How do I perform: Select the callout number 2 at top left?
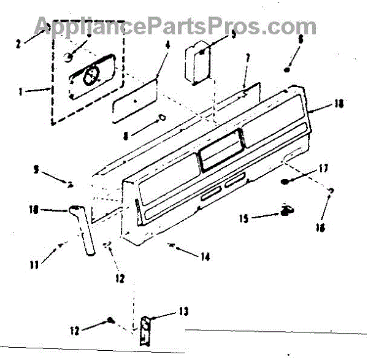click(x=19, y=44)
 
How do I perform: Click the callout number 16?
click(x=319, y=228)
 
